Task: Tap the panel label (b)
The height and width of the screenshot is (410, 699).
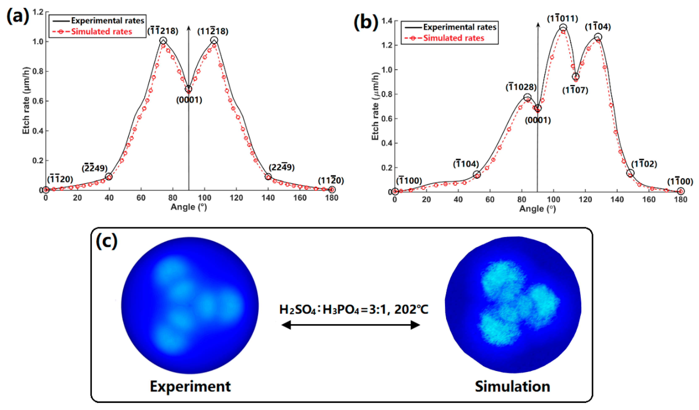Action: click(x=366, y=22)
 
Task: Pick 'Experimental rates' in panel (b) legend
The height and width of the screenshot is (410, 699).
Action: click(x=459, y=27)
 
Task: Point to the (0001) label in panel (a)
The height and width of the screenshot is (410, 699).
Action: click(x=189, y=100)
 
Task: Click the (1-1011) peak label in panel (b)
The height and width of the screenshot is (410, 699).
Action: click(x=563, y=19)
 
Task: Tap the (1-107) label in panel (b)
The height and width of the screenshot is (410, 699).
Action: click(x=575, y=90)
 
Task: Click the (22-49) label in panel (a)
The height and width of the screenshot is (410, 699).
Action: click(x=281, y=167)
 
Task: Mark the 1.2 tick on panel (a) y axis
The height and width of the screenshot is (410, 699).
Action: click(x=38, y=12)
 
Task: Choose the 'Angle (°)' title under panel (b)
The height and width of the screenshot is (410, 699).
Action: click(x=537, y=209)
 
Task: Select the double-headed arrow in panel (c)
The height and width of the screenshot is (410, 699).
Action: click(x=351, y=325)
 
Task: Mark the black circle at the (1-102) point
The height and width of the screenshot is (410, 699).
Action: click(x=630, y=173)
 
